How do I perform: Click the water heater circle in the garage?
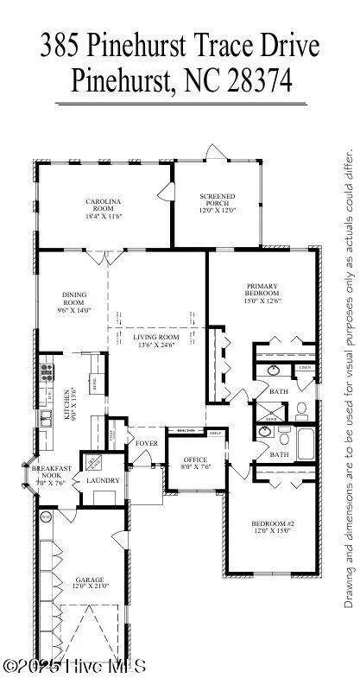45,517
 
